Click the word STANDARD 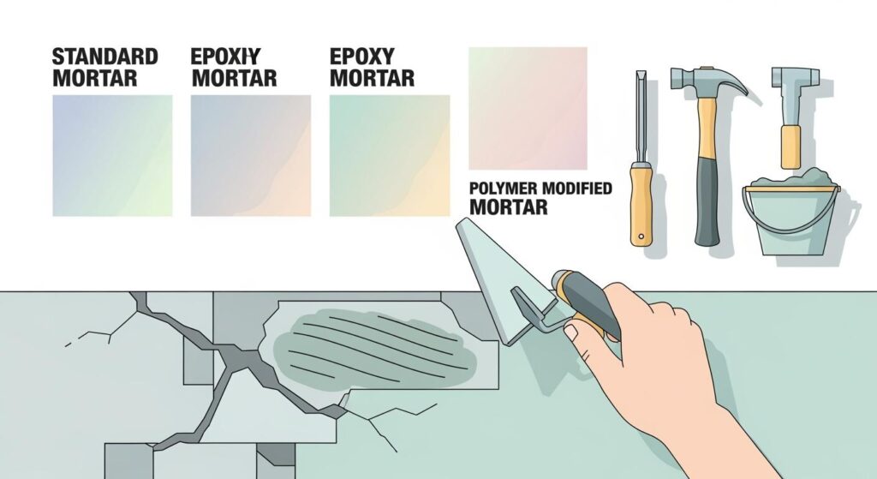(x=105, y=57)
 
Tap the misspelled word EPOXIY (x=224, y=57)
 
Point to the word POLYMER (x=501, y=189)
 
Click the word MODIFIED (x=574, y=189)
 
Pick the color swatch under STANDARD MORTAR (x=112, y=155)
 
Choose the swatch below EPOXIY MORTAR (x=250, y=155)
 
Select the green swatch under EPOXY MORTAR (x=389, y=155)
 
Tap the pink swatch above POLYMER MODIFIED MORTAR (x=528, y=108)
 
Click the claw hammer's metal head (x=707, y=81)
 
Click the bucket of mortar (x=790, y=223)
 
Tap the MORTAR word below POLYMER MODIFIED (x=509, y=207)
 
